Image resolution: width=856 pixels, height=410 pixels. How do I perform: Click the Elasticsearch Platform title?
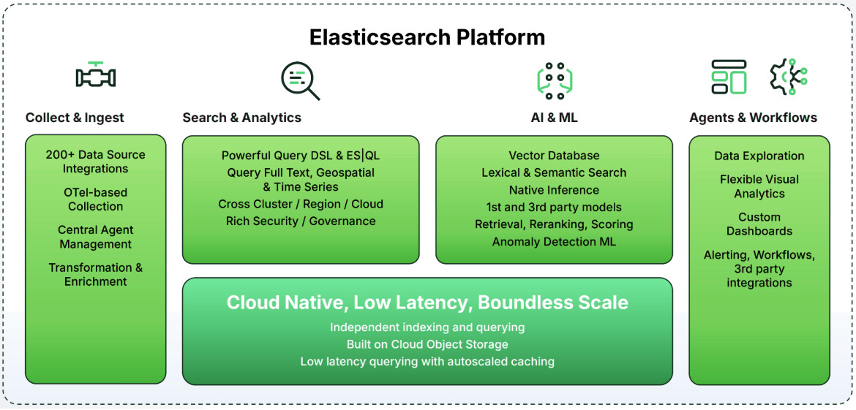(x=427, y=37)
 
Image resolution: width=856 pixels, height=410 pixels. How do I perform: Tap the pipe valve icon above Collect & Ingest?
(x=96, y=75)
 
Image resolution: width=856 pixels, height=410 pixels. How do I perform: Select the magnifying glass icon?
(x=300, y=80)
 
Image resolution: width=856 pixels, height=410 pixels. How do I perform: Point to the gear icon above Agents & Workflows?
(x=787, y=77)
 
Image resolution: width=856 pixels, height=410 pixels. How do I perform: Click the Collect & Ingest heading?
(x=75, y=118)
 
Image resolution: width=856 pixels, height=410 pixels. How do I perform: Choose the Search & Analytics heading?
(x=241, y=118)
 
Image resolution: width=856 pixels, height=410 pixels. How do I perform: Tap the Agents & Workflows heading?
(x=753, y=118)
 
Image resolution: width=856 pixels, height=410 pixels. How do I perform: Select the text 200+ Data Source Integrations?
(x=96, y=162)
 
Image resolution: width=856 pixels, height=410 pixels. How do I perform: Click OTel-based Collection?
(x=96, y=200)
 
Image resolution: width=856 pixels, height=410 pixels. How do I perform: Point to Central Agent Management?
(x=96, y=237)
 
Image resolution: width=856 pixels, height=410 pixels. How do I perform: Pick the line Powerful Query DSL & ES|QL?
(x=301, y=156)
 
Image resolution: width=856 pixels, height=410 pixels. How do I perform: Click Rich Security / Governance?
(x=301, y=221)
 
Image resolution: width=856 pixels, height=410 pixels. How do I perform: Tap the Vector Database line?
(x=554, y=156)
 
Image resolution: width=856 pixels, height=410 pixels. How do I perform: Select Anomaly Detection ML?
(x=554, y=241)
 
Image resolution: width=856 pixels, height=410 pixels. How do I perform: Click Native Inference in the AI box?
(x=554, y=190)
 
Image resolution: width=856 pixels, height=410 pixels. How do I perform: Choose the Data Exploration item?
(x=759, y=156)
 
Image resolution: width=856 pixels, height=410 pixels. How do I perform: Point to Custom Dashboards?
(x=759, y=224)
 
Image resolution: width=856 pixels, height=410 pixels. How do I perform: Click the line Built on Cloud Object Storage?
(x=427, y=344)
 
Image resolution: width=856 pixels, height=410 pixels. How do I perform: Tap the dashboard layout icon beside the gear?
(x=729, y=77)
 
